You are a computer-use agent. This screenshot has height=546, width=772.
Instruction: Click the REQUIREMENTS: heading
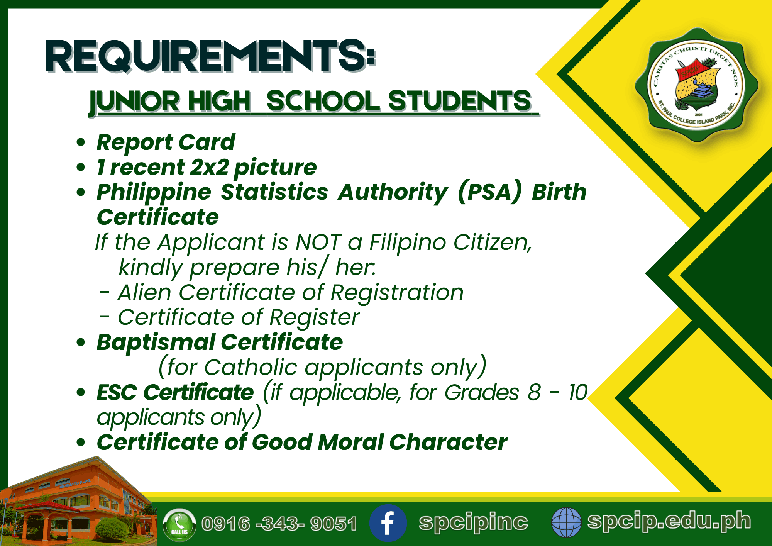point(210,56)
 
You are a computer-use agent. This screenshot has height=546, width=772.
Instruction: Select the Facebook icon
point(388,523)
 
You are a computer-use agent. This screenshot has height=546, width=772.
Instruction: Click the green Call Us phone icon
point(179,524)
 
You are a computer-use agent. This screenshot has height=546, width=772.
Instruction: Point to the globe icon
point(566,522)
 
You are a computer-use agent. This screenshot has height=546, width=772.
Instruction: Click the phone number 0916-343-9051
point(279,524)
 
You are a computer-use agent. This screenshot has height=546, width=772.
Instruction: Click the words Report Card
point(166,142)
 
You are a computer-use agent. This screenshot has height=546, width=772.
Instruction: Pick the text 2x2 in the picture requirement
point(210,167)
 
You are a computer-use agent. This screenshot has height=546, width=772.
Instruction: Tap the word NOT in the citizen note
point(318,242)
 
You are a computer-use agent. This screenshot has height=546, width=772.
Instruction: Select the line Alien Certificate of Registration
point(291,292)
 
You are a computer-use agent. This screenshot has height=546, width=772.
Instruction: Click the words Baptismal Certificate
point(220,343)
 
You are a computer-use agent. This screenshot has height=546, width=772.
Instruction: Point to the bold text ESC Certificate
point(175,392)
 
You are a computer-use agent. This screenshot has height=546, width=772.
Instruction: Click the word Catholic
point(251,367)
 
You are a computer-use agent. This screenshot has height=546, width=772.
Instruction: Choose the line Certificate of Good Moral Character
point(302,442)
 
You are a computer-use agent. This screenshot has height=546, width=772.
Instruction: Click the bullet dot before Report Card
point(80,142)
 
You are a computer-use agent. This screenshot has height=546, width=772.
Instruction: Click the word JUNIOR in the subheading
point(134,102)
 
